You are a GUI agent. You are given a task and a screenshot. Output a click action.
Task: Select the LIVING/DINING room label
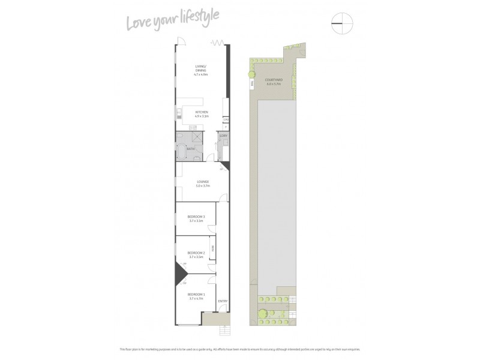200,70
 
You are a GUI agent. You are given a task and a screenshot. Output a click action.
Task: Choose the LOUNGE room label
202,184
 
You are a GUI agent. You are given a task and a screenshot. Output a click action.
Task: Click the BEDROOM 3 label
196,218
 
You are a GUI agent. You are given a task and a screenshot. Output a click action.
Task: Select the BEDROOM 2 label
196,254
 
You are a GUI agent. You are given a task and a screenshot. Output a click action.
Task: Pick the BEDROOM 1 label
196,295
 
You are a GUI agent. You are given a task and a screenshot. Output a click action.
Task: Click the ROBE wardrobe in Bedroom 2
212,248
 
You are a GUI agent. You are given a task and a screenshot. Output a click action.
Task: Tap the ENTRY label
223,301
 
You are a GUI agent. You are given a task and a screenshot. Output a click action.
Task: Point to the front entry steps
226,330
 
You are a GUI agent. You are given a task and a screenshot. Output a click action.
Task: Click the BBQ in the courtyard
253,84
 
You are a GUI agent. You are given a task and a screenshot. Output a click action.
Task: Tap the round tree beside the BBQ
252,74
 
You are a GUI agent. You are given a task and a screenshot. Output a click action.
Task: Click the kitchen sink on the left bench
178,113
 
